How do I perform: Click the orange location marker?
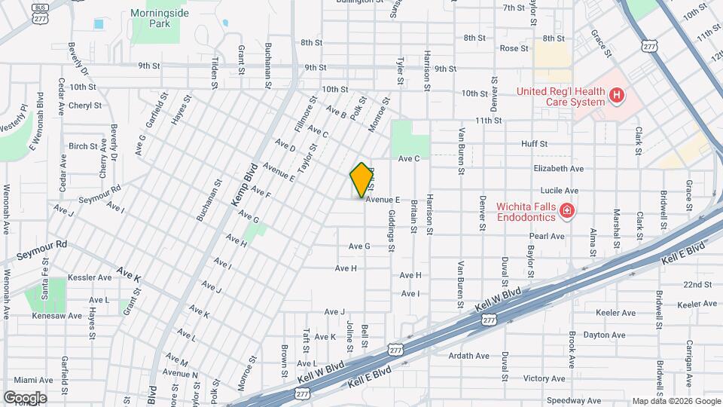click(x=361, y=179)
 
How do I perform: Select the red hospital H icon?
click(x=616, y=95)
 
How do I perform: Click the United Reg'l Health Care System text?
click(x=560, y=96)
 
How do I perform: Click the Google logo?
click(x=25, y=397)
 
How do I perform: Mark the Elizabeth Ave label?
click(x=558, y=169)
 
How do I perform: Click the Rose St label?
click(x=514, y=48)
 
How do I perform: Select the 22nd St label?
click(x=697, y=284)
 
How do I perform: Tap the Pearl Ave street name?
click(x=547, y=236)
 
